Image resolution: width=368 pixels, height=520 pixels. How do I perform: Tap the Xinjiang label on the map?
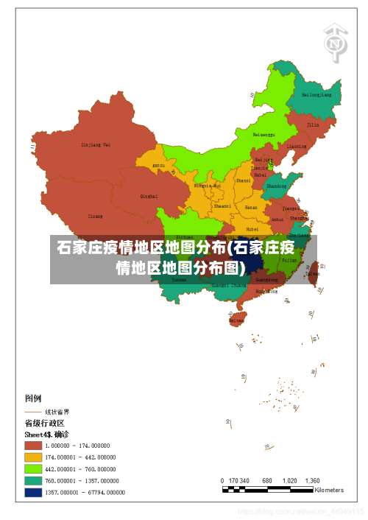click(95, 144)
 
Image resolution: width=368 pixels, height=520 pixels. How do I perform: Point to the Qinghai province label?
click(149, 197)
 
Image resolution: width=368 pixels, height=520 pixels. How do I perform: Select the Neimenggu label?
click(263, 135)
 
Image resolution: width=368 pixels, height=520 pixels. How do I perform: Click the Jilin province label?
click(313, 125)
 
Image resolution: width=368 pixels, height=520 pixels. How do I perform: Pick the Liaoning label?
click(296, 146)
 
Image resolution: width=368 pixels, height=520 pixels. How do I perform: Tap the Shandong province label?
click(276, 186)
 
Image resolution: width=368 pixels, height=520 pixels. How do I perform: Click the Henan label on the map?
click(251, 208)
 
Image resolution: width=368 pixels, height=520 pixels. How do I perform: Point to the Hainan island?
click(236, 320)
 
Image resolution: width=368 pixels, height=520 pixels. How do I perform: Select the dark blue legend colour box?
click(33, 493)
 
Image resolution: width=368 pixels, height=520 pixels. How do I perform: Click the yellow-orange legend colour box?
click(33, 457)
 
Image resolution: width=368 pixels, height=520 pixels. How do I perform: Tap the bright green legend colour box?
click(33, 468)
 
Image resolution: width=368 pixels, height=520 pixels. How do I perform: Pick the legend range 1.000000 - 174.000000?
click(77, 446)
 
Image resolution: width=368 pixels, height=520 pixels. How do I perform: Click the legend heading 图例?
click(33, 398)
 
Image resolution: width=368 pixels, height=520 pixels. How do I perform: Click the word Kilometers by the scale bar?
click(328, 490)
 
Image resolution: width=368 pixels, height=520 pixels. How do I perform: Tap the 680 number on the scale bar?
click(267, 480)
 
